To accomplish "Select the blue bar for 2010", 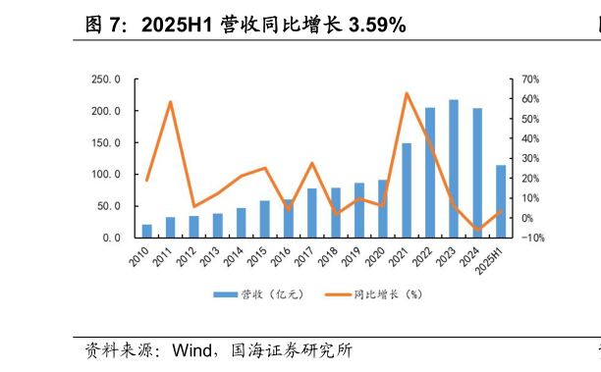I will [147, 232].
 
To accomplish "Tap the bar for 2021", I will [407, 190].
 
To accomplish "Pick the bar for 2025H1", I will [501, 201].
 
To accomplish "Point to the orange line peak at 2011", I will [171, 102].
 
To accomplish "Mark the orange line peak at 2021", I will [407, 93].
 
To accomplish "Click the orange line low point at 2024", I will [477, 231].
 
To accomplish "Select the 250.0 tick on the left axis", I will [106, 80].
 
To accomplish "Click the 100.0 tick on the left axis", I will [106, 175].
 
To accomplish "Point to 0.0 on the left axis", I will [110, 239].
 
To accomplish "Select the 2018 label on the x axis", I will [332, 257].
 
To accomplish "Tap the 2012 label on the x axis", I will [191, 257].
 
